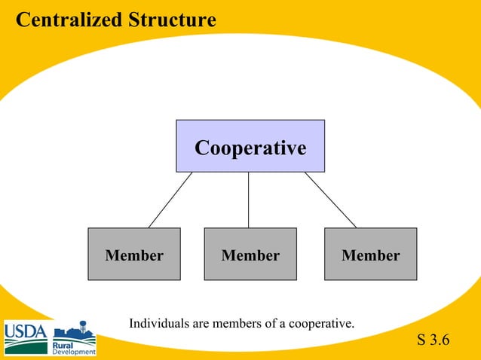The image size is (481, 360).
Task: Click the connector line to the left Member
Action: pos(170,200)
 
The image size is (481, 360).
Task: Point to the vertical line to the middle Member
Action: pos(248,200)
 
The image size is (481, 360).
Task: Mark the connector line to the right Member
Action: pos(330,200)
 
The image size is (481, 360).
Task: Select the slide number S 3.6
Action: pos(433,340)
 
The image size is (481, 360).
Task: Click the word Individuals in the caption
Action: pos(158,324)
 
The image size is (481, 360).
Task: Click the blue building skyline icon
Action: pos(75,332)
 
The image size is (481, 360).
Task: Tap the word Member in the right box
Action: pos(370,255)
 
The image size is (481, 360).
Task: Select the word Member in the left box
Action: pos(134,255)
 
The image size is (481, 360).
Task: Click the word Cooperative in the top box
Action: pos(250,148)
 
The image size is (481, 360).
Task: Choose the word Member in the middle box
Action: pos(250,255)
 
